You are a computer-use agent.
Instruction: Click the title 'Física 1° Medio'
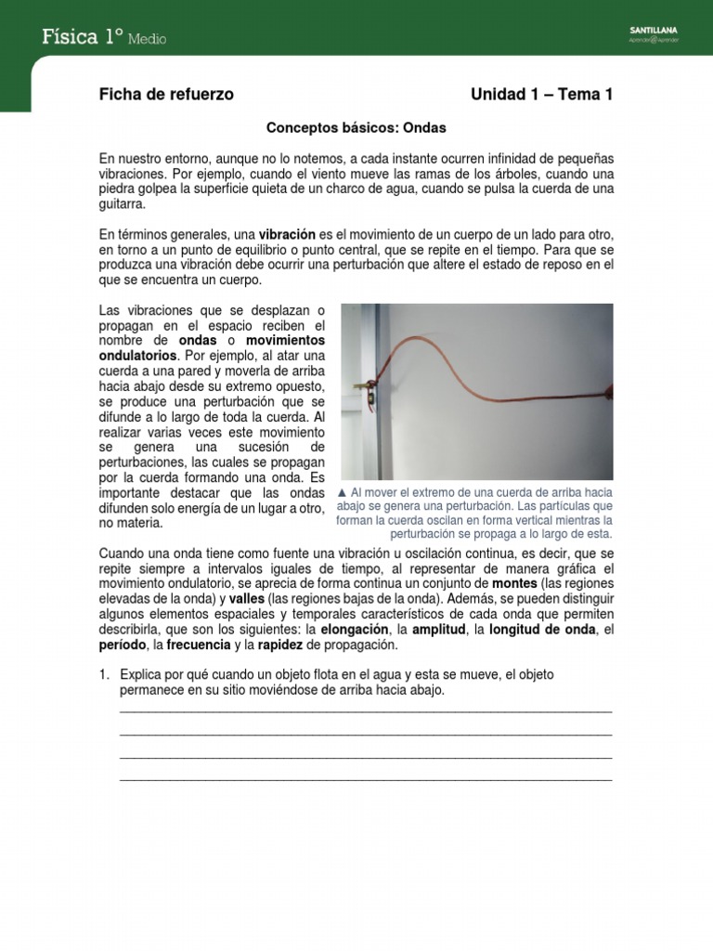point(104,37)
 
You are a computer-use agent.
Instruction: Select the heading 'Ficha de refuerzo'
point(166,95)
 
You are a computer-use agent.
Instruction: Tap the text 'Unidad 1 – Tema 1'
point(541,95)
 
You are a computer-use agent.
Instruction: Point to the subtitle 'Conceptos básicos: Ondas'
point(356,127)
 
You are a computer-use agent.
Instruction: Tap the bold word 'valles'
point(246,599)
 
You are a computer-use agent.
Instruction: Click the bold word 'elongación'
point(354,630)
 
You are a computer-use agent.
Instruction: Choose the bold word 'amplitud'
point(440,630)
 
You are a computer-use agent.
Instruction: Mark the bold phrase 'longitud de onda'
point(541,630)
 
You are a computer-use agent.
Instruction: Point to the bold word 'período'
point(124,645)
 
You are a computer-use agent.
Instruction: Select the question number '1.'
point(106,675)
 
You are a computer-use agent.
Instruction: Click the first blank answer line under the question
point(366,710)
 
